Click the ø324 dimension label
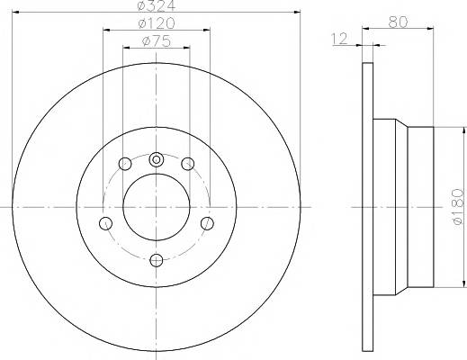(156, 5)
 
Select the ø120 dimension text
(157, 23)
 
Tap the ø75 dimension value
(157, 41)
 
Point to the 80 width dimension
(398, 22)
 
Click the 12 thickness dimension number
(339, 39)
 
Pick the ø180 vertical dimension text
(458, 206)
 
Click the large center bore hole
(157, 207)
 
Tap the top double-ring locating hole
(156, 159)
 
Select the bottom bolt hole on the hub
(157, 260)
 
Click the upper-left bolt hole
(125, 164)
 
